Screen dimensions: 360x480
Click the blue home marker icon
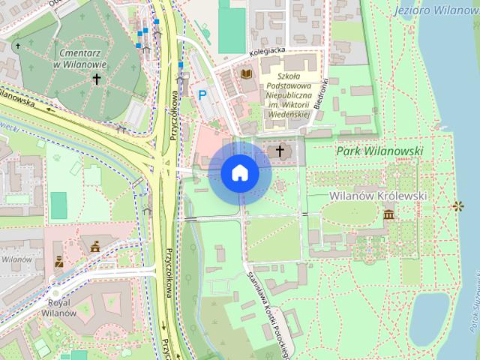point(240,172)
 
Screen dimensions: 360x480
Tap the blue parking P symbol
point(202,94)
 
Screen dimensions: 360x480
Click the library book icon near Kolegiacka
point(246,74)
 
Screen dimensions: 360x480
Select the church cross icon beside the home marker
point(280,152)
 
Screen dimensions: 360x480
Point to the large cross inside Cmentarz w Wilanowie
point(96,78)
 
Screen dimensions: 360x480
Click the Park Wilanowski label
point(379,151)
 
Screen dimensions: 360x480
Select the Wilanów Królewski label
point(377,195)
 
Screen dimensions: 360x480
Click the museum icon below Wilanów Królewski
point(388,215)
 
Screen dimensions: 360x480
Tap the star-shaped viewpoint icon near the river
point(456,205)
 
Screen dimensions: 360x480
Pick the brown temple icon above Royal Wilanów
point(94,245)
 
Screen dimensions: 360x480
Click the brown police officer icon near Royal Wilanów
point(58,262)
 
